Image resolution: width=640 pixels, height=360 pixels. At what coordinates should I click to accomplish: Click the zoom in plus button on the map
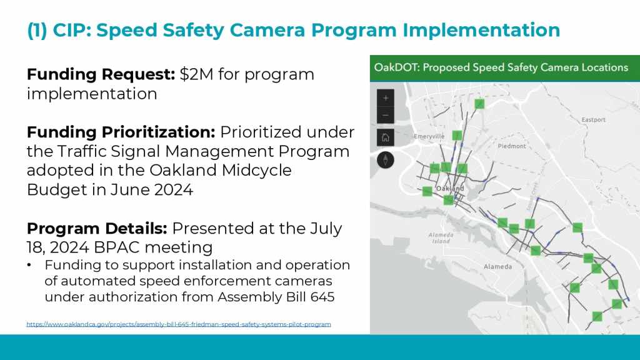[385, 98]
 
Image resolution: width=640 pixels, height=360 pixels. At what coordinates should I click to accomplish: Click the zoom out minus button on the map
[385, 116]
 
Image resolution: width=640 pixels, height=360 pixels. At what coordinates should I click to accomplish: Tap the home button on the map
[385, 137]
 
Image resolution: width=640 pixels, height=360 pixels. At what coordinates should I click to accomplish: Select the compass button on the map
[385, 159]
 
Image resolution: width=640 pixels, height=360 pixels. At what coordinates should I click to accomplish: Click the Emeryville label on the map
[429, 137]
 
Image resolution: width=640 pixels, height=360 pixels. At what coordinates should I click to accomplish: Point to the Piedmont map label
[512, 146]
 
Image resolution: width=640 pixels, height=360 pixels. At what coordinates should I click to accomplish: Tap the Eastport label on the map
[594, 119]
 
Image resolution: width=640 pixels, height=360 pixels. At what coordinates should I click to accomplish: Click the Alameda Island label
[441, 238]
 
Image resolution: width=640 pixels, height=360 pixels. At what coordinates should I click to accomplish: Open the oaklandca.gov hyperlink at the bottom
[179, 324]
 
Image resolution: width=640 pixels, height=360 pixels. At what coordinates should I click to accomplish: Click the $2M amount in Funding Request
[196, 74]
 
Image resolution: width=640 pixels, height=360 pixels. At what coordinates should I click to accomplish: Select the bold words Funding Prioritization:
[121, 132]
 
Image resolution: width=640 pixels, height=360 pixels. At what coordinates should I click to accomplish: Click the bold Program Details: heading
[97, 229]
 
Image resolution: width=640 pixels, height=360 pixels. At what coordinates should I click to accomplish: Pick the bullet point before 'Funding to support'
[29, 265]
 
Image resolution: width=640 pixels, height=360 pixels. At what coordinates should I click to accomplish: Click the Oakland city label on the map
[451, 189]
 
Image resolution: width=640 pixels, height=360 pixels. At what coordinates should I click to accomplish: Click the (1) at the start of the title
[37, 31]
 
